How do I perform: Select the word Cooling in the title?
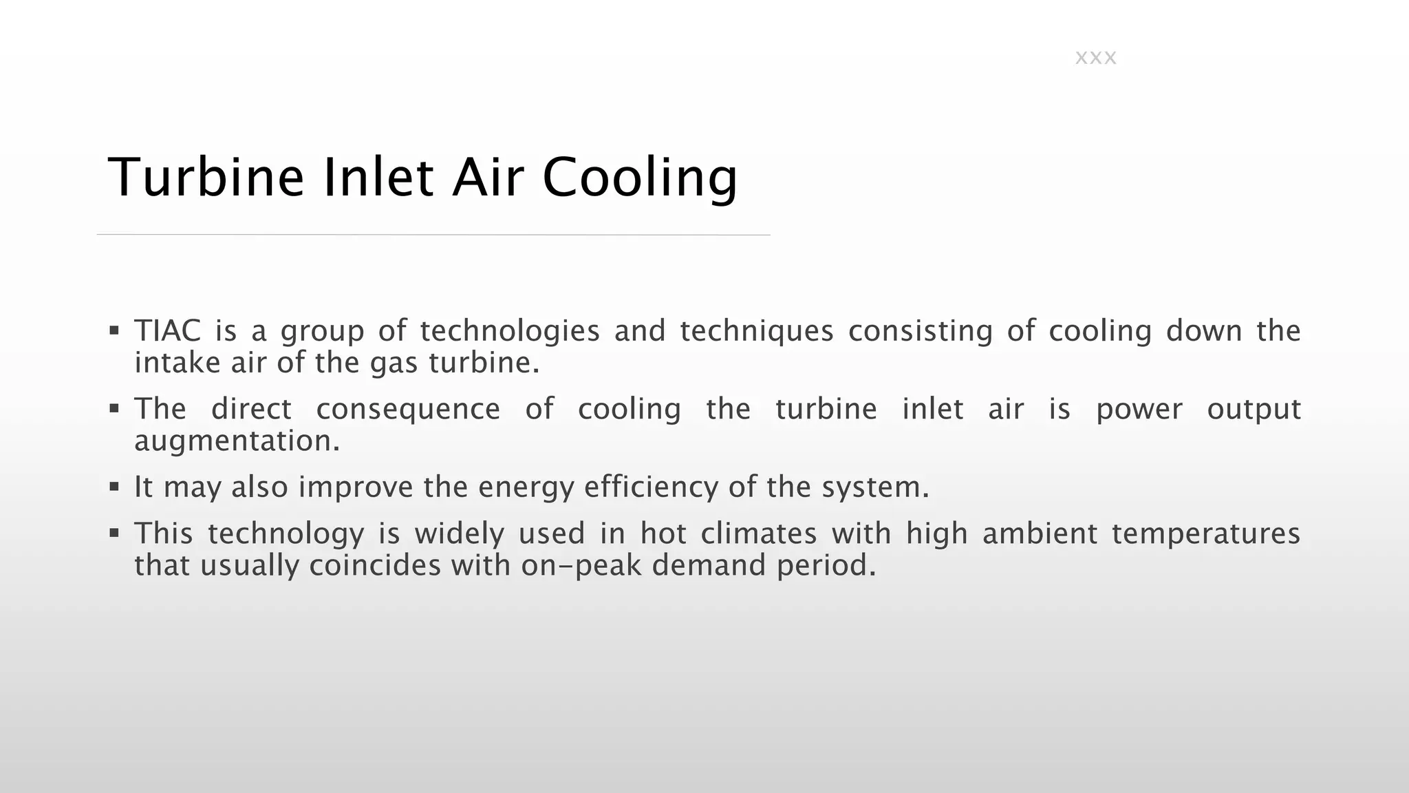tap(640, 178)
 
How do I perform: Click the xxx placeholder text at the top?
tap(1095, 58)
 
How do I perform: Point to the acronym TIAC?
tap(167, 330)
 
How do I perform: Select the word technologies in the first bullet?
tap(510, 332)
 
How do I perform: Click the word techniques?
tap(756, 332)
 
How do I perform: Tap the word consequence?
tap(408, 410)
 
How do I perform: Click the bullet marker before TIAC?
tap(114, 330)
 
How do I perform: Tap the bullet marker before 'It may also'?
tap(114, 487)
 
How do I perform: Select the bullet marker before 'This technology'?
tap(114, 533)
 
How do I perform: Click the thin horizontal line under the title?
tap(433, 235)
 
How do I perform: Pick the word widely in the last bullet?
tap(459, 533)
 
